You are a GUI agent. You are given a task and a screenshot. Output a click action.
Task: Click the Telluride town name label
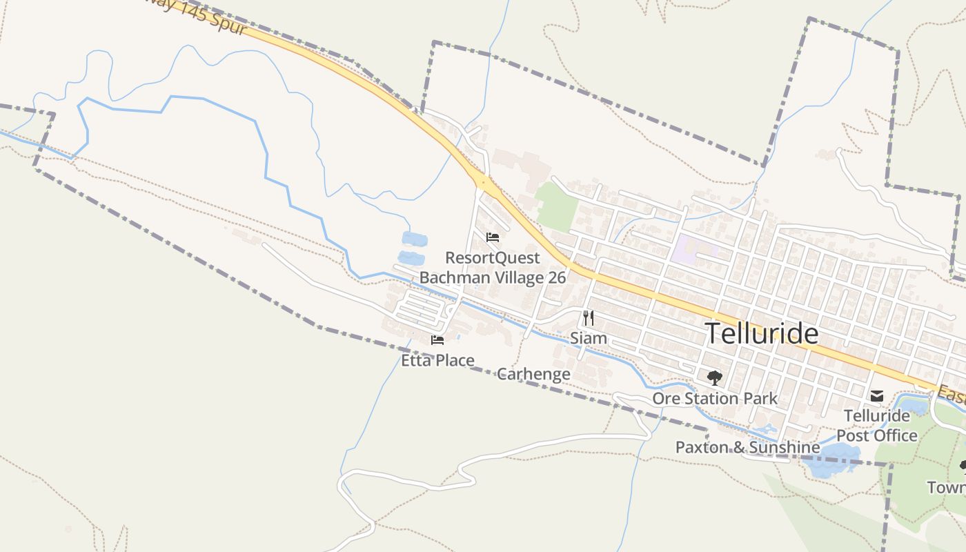click(762, 334)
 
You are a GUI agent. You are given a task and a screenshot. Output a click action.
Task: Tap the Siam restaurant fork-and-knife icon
click(588, 317)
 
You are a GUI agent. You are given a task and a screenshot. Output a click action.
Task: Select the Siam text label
click(588, 338)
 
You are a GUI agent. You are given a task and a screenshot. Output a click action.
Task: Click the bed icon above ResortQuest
click(492, 237)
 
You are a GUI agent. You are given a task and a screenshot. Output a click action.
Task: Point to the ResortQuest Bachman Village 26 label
click(493, 268)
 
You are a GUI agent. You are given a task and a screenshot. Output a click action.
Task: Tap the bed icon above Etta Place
click(437, 340)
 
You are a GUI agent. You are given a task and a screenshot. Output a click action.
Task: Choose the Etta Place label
click(437, 360)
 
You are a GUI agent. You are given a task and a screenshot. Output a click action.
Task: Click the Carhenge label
click(533, 374)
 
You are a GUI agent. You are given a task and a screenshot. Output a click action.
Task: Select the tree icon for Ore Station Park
click(714, 377)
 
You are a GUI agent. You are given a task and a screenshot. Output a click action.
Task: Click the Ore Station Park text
click(715, 398)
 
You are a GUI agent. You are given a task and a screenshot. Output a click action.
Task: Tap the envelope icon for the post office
click(876, 396)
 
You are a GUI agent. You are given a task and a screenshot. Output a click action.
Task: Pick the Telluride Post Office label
click(877, 426)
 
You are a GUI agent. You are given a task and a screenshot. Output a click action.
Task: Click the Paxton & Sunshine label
click(747, 447)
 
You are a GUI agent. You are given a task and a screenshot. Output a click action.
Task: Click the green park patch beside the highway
click(557, 206)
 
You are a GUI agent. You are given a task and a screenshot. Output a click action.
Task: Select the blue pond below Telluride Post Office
click(832, 460)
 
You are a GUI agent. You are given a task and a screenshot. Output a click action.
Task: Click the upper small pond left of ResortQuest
click(414, 239)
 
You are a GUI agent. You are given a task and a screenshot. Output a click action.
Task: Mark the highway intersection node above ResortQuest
click(484, 183)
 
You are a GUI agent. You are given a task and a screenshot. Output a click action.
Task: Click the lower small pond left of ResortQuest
click(411, 258)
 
